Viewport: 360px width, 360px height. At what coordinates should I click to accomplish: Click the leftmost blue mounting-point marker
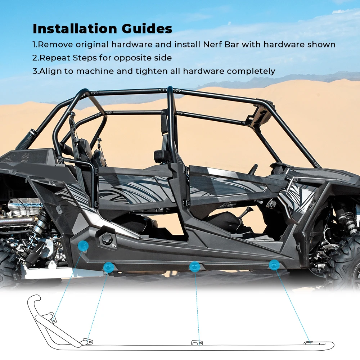[x=83, y=246]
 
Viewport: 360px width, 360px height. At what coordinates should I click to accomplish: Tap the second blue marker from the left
[x=108, y=267]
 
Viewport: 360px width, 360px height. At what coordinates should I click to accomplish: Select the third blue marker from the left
[x=195, y=266]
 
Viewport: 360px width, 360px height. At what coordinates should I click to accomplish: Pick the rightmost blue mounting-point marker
[x=274, y=265]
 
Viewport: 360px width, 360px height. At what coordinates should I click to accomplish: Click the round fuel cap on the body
[x=107, y=239]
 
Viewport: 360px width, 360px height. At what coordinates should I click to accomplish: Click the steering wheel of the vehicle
[x=254, y=169]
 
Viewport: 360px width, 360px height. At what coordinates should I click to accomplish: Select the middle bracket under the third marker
[x=196, y=342]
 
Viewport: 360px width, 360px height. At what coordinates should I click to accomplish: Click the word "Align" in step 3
[x=50, y=71]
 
